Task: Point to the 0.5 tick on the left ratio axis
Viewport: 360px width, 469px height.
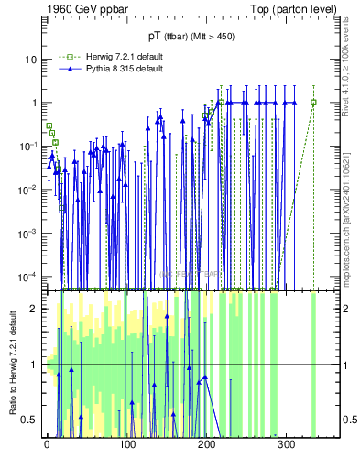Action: click(x=31, y=420)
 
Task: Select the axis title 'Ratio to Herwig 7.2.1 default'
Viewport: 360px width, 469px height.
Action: click(x=13, y=364)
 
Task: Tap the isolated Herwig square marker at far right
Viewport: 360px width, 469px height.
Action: click(x=313, y=103)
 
